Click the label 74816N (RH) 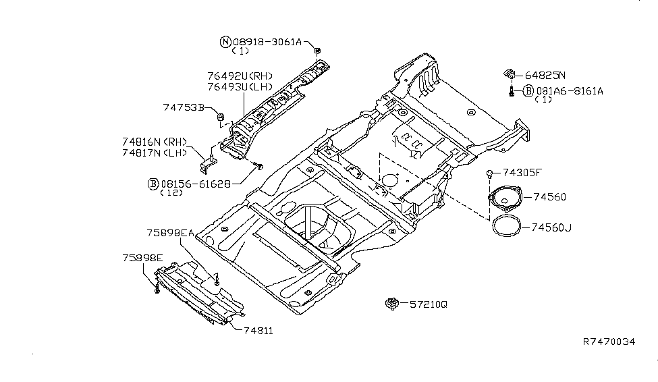[x=154, y=142]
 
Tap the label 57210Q [x=428, y=304]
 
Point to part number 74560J [x=550, y=227]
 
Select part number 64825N [x=545, y=76]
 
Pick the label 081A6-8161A [x=570, y=90]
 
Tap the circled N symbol [x=225, y=42]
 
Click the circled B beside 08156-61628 [x=154, y=183]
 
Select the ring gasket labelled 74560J [x=508, y=226]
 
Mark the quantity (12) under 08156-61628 [x=171, y=193]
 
